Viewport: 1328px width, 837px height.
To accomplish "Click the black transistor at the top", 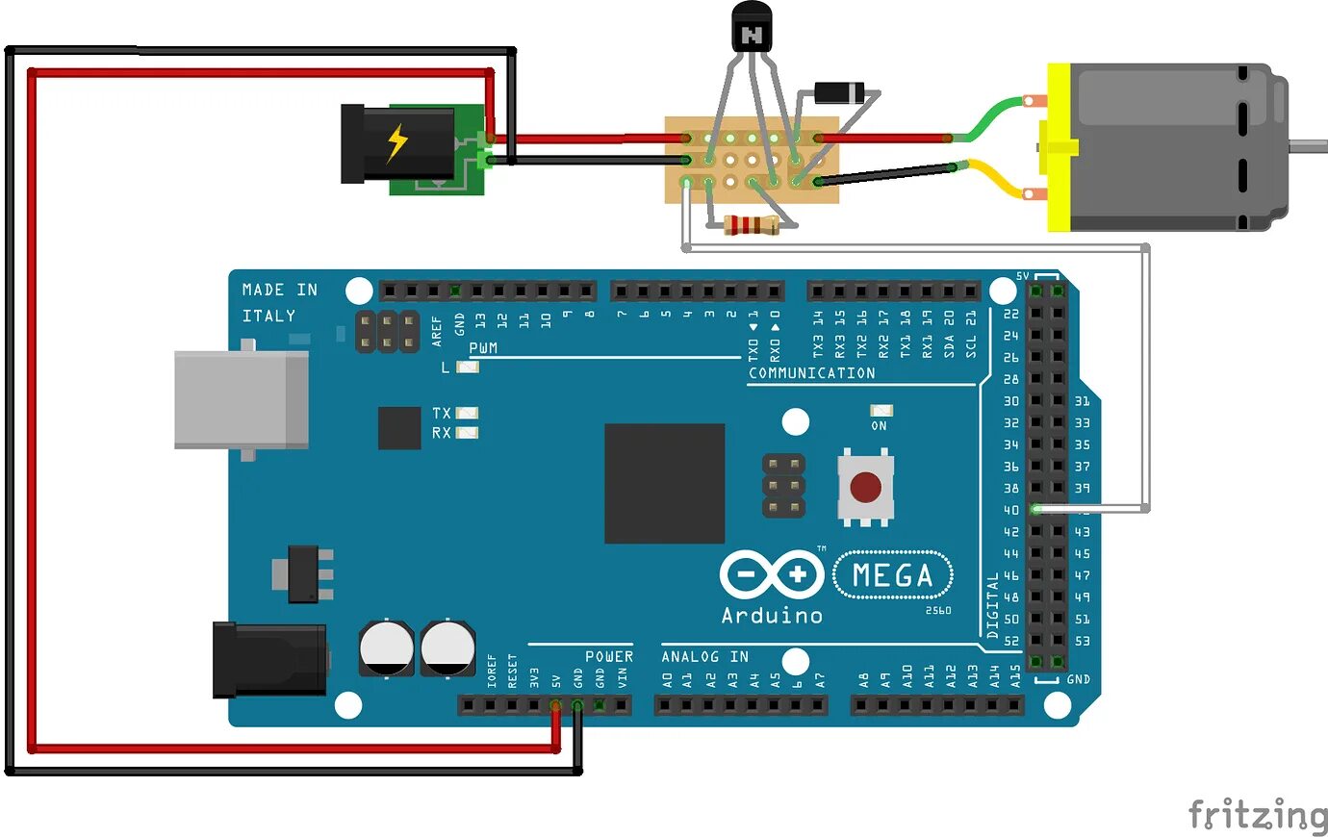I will coord(752,28).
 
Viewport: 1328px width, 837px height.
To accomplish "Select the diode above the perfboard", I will coord(844,93).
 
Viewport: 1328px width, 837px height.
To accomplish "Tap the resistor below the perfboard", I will coord(751,226).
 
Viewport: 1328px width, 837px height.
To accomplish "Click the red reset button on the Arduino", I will coord(865,487).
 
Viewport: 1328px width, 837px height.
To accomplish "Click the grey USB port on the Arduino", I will coord(241,399).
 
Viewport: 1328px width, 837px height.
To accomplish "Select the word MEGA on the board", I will coord(892,575).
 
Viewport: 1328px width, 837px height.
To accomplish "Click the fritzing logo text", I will coord(1257,815).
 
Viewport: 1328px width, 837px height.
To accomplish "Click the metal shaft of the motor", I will coord(1309,146).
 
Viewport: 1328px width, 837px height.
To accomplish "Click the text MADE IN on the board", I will coord(279,290).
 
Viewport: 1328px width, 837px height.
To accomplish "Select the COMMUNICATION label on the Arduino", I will coord(811,373).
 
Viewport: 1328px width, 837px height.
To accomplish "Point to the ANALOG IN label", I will coord(704,656).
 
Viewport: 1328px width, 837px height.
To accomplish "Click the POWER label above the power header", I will coord(608,656).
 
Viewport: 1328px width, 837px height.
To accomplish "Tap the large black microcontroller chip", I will coord(664,483).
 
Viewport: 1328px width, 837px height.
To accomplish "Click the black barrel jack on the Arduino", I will coord(268,659).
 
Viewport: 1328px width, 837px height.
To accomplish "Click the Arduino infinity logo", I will coord(770,575).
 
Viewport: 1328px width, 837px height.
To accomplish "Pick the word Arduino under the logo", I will coord(772,615).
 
